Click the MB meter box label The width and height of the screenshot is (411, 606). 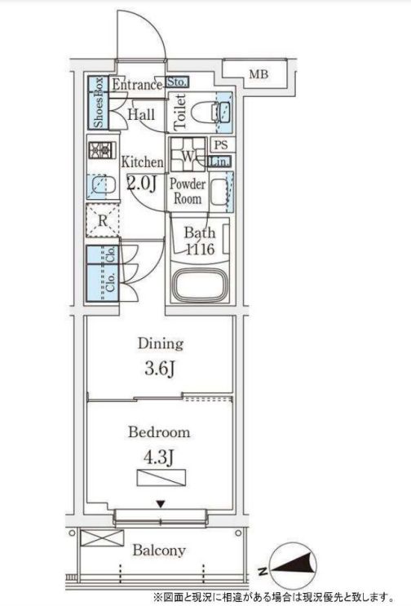[259, 74]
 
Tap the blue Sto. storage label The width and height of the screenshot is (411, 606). [177, 82]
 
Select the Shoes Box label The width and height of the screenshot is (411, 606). [99, 103]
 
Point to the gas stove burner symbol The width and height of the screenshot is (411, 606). [102, 150]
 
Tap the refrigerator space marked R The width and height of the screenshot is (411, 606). [103, 221]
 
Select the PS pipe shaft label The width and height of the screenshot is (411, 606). [221, 145]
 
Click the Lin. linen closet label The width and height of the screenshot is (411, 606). [220, 162]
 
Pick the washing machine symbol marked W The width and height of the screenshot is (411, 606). [188, 155]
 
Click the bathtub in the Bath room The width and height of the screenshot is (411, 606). [199, 284]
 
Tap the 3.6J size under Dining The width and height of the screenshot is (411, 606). [161, 369]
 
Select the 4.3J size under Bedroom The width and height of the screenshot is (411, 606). [159, 458]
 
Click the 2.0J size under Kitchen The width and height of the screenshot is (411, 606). [141, 184]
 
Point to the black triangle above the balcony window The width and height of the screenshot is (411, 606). [161, 504]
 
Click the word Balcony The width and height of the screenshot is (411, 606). [159, 551]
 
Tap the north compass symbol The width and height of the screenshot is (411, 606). [293, 565]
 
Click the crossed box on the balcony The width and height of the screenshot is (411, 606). [102, 537]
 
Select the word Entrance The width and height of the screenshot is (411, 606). [137, 85]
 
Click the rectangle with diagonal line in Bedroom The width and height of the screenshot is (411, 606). [161, 477]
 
